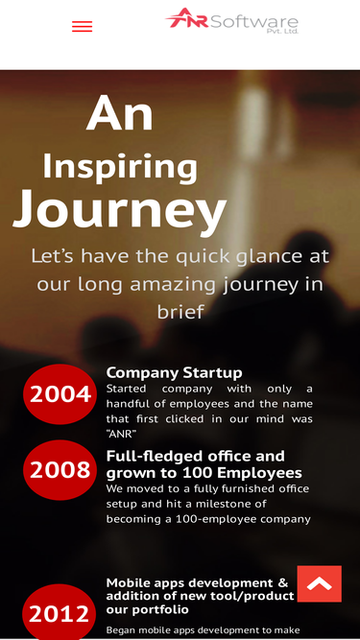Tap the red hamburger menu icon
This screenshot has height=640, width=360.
(83, 27)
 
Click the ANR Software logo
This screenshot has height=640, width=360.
(232, 20)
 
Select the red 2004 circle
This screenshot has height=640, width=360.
(60, 393)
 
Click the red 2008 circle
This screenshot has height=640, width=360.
(60, 469)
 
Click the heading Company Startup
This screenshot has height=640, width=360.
(174, 372)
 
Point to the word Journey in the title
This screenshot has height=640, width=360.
(119, 208)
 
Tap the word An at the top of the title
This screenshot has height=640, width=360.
(119, 113)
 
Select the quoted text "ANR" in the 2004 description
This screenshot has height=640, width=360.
(121, 434)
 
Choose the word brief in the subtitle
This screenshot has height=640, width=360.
(180, 312)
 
